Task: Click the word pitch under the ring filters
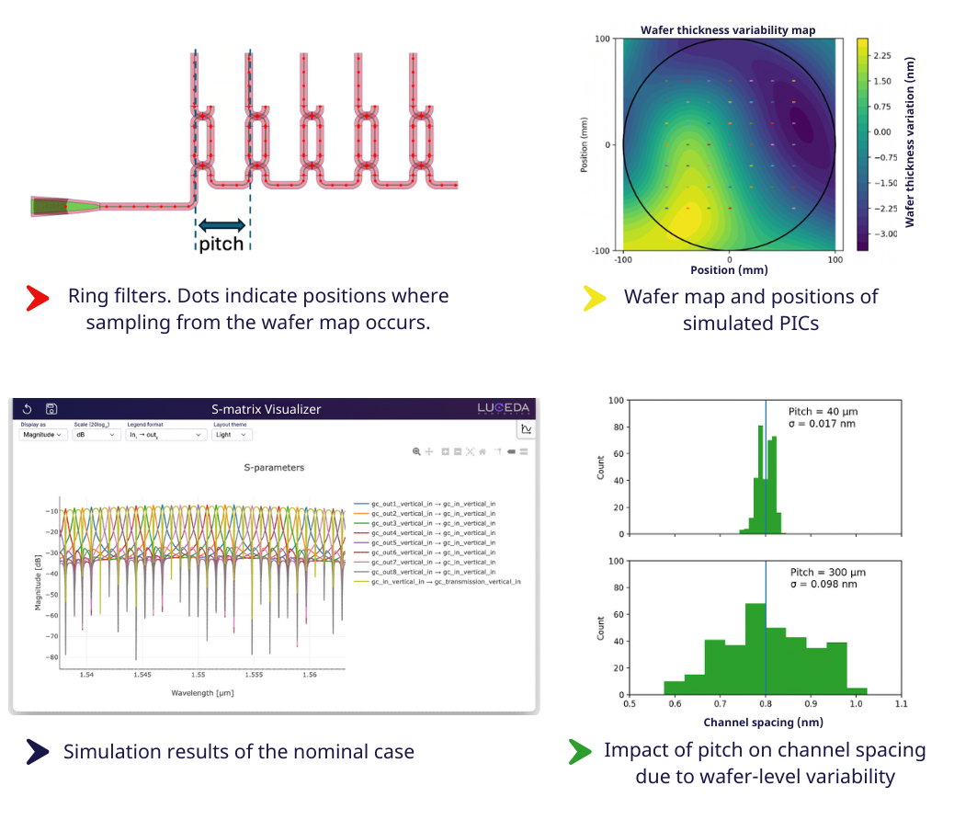click(x=221, y=244)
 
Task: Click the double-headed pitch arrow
click(x=222, y=224)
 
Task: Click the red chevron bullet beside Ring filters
click(x=37, y=296)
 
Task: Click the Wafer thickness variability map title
click(x=728, y=30)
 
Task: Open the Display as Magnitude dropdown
click(x=42, y=435)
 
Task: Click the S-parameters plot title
click(x=274, y=468)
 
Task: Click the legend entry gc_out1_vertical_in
click(x=432, y=505)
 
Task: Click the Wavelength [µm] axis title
click(x=202, y=692)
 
